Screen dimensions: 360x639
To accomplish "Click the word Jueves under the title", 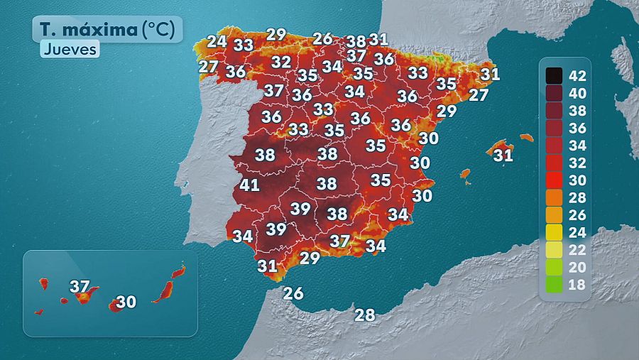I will click(69, 50).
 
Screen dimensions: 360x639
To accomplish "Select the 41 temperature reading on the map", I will click(249, 185).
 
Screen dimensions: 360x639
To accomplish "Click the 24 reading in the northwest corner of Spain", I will click(217, 41).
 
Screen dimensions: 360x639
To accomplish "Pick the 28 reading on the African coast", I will click(364, 315).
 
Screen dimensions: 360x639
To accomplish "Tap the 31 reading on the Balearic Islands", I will click(503, 154).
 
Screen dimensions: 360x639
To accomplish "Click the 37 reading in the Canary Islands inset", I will click(80, 287).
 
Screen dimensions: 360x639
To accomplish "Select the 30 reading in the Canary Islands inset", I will click(126, 302).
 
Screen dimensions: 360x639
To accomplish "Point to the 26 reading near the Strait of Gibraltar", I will click(293, 293).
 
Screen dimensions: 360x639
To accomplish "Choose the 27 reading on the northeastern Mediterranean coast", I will click(479, 95).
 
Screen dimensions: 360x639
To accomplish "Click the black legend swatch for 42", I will click(554, 75).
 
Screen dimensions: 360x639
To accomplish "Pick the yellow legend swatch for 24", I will click(554, 232).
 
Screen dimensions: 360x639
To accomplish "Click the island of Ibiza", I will click(465, 173).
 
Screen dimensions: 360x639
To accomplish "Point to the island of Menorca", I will click(525, 137).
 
